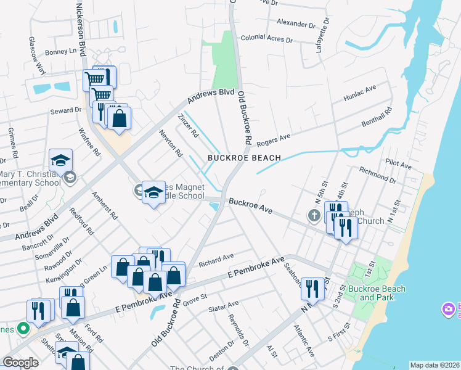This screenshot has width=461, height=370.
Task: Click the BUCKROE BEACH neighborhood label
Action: coord(244,158)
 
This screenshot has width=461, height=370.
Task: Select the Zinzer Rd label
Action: coord(187,126)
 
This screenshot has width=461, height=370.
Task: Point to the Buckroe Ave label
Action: coord(250,205)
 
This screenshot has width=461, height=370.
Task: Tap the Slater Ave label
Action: coord(224,306)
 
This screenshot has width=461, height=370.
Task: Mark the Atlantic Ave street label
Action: coord(304,341)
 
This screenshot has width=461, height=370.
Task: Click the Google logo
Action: coord(20,363)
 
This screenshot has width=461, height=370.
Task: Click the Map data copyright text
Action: coord(434,365)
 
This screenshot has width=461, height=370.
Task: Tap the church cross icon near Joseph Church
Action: coord(314,216)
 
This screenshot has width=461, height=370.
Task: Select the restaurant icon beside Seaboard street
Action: coord(312,289)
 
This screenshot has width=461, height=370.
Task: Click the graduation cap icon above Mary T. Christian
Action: coord(60,160)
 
